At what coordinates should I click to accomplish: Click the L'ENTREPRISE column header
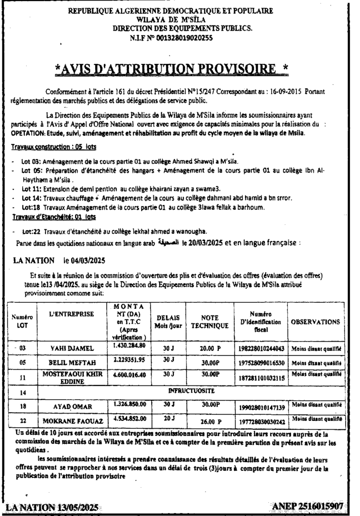coord(72,314)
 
